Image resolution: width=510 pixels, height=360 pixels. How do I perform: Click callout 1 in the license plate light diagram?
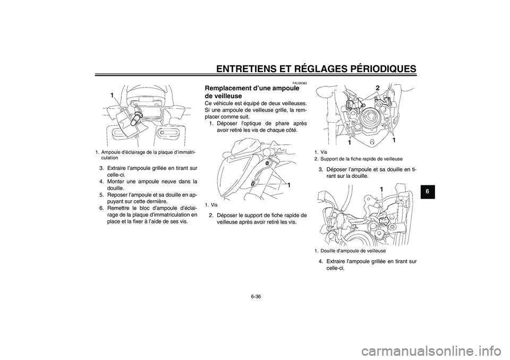pos(113,94)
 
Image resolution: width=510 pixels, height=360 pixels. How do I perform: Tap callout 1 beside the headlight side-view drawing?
pos(288,184)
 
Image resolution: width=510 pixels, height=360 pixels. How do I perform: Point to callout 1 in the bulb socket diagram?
pos(381,189)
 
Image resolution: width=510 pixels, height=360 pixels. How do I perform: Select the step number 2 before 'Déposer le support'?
pos(210,215)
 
